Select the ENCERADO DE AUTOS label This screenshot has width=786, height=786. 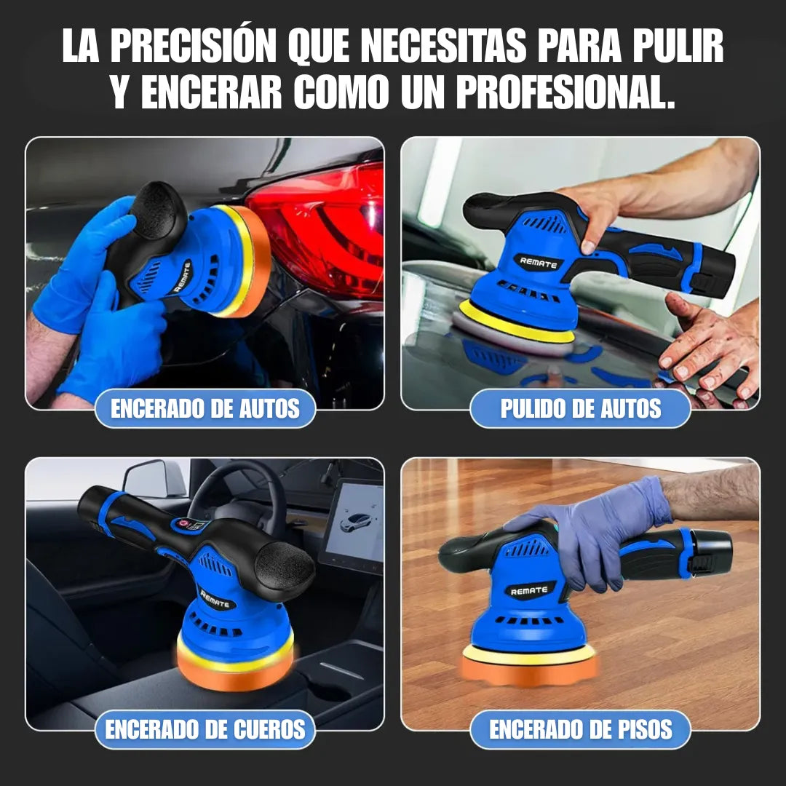(205, 408)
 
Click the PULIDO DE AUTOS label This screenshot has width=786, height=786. (580, 408)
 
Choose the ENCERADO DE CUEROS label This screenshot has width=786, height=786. (205, 729)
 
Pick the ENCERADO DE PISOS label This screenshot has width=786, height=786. (580, 729)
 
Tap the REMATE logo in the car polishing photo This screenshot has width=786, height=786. (538, 261)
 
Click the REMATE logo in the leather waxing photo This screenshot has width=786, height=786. (215, 599)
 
